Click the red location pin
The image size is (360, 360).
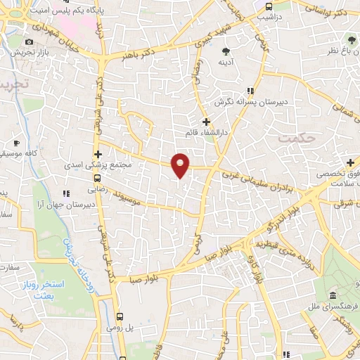(x=181, y=165)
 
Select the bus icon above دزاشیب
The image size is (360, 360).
(x=267, y=6)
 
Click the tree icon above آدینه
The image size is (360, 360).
(x=226, y=52)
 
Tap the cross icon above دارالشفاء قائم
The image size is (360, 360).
(x=205, y=123)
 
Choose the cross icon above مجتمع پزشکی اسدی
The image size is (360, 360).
(x=98, y=153)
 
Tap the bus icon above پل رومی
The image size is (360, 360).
(x=120, y=316)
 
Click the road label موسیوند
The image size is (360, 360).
(x=130, y=193)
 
